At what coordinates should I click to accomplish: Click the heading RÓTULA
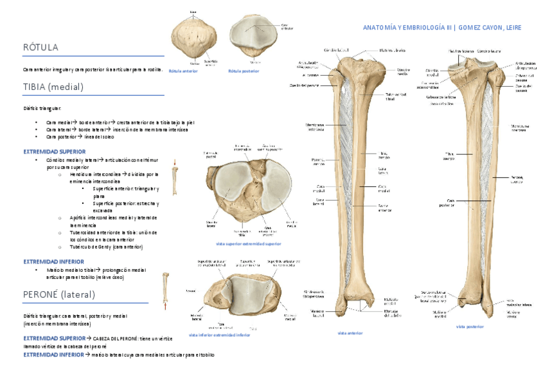click(40, 48)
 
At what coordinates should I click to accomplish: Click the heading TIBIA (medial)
click(53, 87)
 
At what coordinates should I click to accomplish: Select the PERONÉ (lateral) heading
click(59, 295)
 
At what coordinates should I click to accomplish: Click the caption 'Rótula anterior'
click(183, 71)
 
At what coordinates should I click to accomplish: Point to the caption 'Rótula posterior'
click(244, 71)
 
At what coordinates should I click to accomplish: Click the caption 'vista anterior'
click(350, 333)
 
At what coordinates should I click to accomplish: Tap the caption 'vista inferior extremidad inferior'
click(219, 335)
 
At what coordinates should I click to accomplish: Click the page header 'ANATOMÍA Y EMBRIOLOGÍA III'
click(407, 28)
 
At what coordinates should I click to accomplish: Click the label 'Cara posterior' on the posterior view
click(447, 202)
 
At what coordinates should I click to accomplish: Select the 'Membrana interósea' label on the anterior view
click(316, 127)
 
